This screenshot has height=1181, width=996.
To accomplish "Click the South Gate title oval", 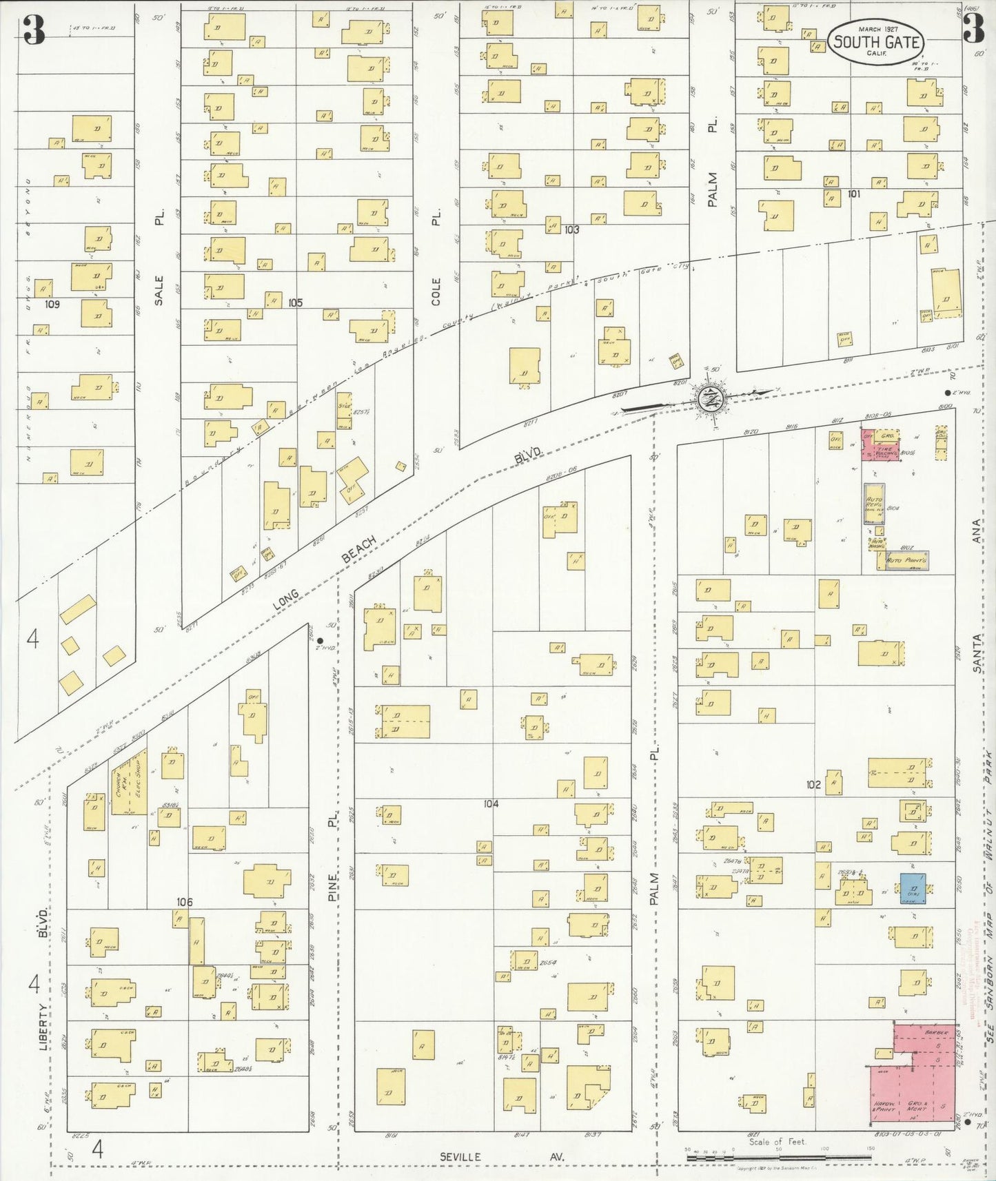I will tap(875, 41).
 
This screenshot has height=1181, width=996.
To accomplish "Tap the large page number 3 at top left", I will tap(33, 29).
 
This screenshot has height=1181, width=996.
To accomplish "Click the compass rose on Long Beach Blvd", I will tap(710, 398).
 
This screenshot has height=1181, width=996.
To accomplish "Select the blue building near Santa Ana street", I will tap(913, 888).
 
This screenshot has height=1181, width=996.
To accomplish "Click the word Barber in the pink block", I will tap(936, 1032).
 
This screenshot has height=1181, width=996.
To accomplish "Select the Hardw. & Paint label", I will tap(886, 1107).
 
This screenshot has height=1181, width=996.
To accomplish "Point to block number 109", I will tap(52, 304).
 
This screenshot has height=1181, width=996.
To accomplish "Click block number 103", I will tap(571, 229).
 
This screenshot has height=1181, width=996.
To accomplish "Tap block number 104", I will tap(491, 803).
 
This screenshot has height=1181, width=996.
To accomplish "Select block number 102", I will tap(813, 784).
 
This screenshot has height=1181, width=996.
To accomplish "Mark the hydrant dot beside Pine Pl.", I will tap(320, 640).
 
